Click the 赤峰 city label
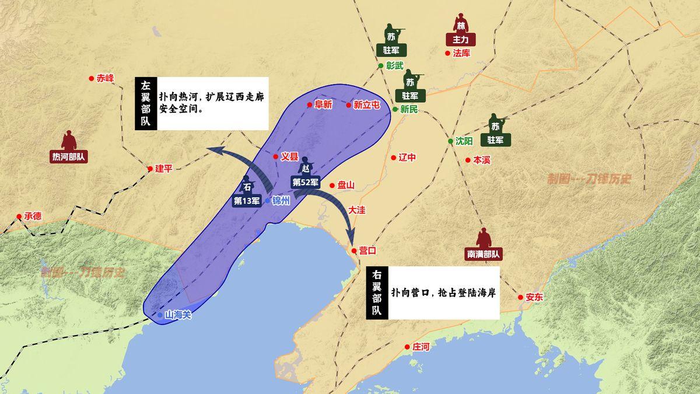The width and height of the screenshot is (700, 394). (106, 78)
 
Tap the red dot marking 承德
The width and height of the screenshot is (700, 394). (19, 216)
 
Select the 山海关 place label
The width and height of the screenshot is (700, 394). (178, 315)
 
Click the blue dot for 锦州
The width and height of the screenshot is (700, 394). (268, 200)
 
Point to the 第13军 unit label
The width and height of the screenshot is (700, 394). (247, 201)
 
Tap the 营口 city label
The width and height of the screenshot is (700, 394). (367, 250)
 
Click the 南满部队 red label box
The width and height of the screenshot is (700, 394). (484, 254)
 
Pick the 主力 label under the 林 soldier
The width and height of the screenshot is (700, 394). (461, 40)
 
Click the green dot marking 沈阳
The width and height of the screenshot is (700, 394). (450, 141)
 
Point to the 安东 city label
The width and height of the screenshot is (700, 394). (534, 297)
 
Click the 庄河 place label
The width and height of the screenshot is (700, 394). (421, 347)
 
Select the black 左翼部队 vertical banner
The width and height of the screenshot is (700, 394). (145, 103)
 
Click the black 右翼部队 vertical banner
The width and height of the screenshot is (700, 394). (377, 292)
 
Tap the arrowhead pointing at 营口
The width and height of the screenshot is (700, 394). (351, 239)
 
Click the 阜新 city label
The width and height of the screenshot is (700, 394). (323, 105)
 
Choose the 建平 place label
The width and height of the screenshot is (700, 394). (164, 169)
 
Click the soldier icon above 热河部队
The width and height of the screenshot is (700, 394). (69, 140)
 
